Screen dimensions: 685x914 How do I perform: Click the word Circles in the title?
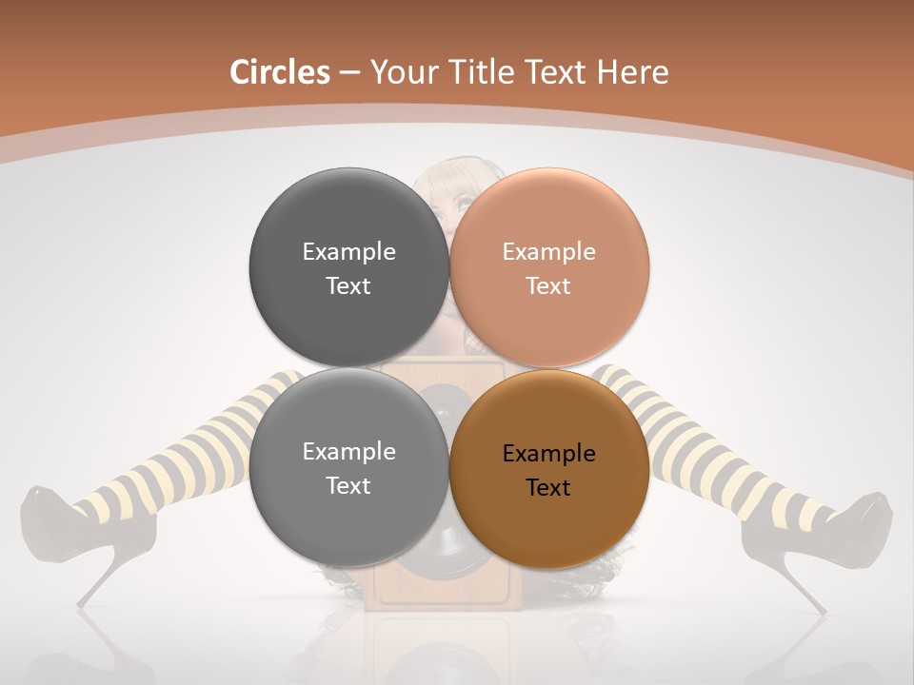279,72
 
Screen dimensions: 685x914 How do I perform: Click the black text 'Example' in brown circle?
548,454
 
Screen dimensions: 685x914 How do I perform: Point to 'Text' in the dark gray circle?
348,285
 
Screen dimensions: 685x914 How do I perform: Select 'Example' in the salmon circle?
548,252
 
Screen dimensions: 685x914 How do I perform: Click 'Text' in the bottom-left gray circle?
348,485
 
